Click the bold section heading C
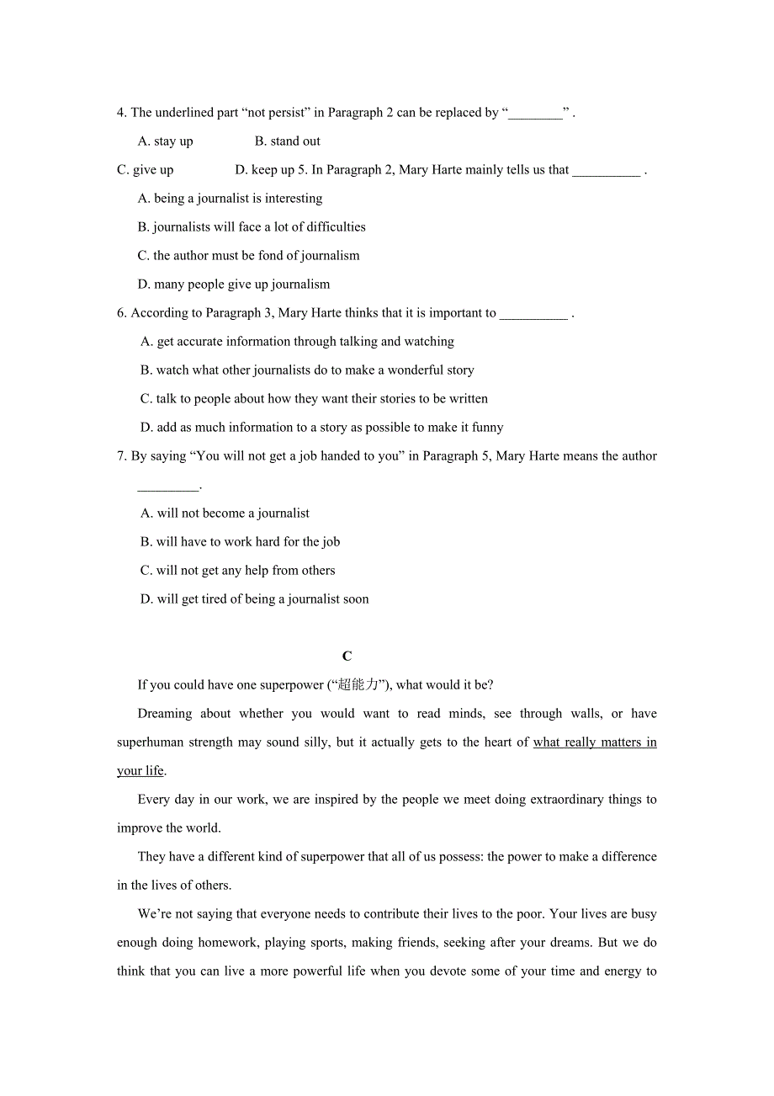(347, 656)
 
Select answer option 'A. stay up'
(166, 141)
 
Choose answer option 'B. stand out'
(287, 141)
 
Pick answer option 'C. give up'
(146, 170)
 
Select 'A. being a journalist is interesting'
(230, 199)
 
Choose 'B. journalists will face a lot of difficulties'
(252, 227)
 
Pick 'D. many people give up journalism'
(234, 285)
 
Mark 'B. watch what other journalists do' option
(307, 370)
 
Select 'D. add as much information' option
(321, 428)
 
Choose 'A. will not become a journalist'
(225, 513)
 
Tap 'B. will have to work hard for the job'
(240, 542)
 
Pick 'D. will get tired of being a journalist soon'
(254, 599)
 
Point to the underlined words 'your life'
(140, 771)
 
